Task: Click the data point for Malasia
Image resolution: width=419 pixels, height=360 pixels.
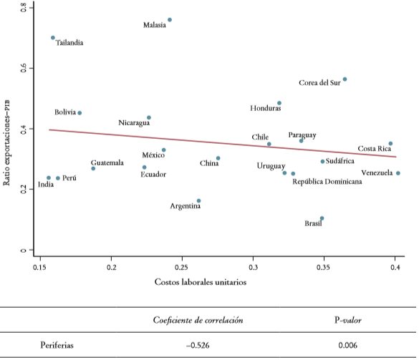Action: pos(170,20)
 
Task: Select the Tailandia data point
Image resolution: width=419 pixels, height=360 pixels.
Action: pos(53,38)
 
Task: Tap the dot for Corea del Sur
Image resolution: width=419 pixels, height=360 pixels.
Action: pos(345,79)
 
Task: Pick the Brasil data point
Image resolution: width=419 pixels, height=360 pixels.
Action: pos(322,218)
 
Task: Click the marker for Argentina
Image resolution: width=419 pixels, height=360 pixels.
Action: pos(198,201)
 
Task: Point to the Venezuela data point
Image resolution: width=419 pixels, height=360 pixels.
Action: pos(398,173)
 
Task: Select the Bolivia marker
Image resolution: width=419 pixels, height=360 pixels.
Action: pos(80,113)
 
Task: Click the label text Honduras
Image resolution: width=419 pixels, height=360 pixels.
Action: pos(266,109)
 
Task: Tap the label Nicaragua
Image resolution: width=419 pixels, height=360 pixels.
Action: pos(134,123)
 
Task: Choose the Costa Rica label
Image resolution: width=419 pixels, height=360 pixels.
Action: pos(375,149)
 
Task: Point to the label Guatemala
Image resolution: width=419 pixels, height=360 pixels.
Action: pos(107,162)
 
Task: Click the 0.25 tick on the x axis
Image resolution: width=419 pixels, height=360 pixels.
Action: pos(182,266)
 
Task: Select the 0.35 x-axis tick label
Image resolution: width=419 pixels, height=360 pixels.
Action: pos(324,266)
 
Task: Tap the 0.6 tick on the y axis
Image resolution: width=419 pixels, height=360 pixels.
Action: pos(24,68)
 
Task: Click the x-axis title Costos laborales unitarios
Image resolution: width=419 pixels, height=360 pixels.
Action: pos(201,282)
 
